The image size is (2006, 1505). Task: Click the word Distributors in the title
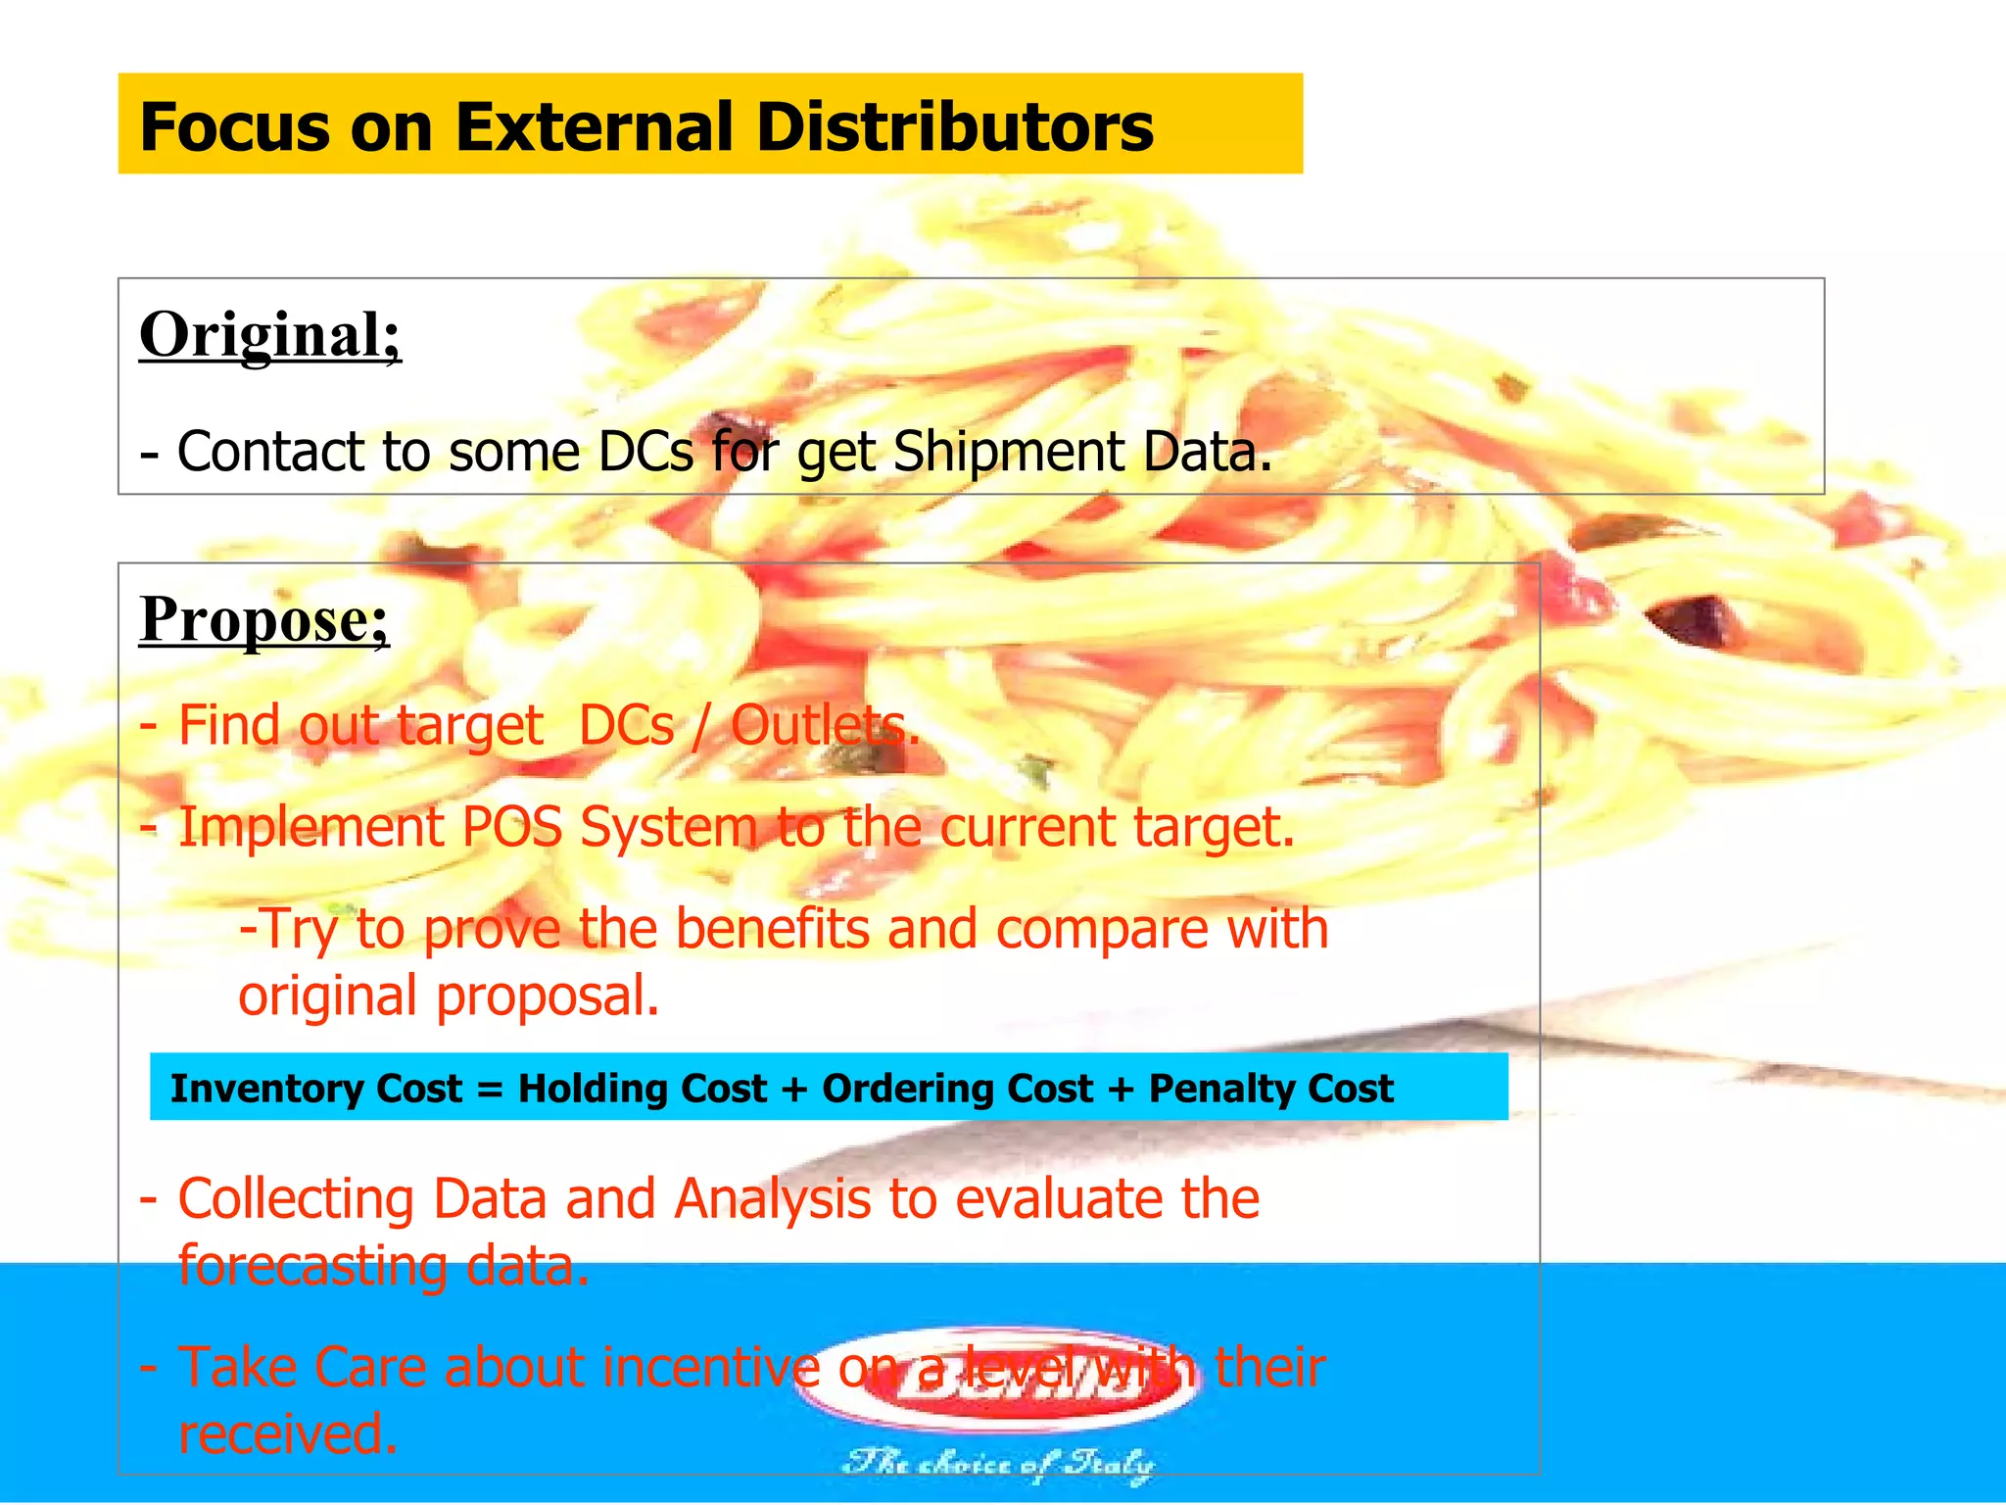coord(955,127)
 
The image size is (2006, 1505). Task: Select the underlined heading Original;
coord(270,336)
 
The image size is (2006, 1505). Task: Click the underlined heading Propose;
coord(264,620)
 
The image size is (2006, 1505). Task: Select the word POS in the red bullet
coord(511,827)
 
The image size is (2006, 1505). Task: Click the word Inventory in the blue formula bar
coord(315,1089)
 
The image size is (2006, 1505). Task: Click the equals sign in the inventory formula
coord(490,1090)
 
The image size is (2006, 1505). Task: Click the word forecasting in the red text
coord(310,1266)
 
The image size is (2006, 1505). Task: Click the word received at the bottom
coord(288,1434)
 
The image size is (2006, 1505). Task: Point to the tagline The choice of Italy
coord(999,1464)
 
